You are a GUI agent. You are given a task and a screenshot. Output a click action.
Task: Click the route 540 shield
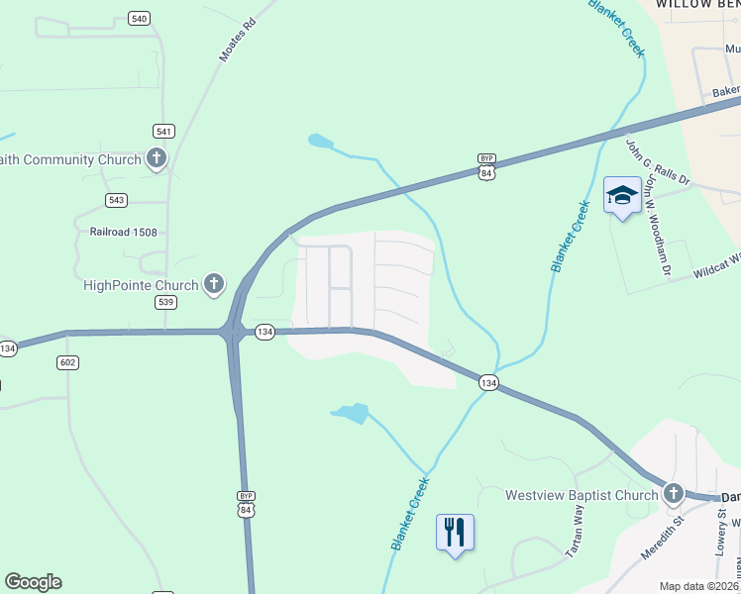pyautogui.click(x=139, y=19)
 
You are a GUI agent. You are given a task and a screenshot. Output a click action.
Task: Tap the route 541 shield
pyautogui.click(x=164, y=131)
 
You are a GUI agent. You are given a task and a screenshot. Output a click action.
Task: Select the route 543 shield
pyautogui.click(x=117, y=200)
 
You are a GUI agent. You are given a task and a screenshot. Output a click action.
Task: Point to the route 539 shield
pyautogui.click(x=165, y=302)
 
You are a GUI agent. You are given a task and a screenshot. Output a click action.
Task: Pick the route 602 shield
pyautogui.click(x=67, y=363)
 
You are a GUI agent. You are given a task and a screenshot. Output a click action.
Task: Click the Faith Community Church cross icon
pyautogui.click(x=157, y=158)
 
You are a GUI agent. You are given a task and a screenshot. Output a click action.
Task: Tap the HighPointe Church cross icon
pyautogui.click(x=213, y=285)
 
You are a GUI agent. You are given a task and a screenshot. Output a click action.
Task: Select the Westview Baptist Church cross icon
pyautogui.click(x=674, y=494)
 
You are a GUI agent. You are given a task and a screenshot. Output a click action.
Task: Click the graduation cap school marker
pyautogui.click(x=622, y=195)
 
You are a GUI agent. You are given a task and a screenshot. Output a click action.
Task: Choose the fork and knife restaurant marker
pyautogui.click(x=455, y=532)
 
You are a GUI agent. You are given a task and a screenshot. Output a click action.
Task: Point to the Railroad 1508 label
pyautogui.click(x=117, y=232)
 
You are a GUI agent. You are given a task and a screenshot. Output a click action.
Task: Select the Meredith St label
pyautogui.click(x=663, y=536)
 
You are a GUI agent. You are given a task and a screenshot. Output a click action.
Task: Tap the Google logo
pyautogui.click(x=33, y=582)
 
